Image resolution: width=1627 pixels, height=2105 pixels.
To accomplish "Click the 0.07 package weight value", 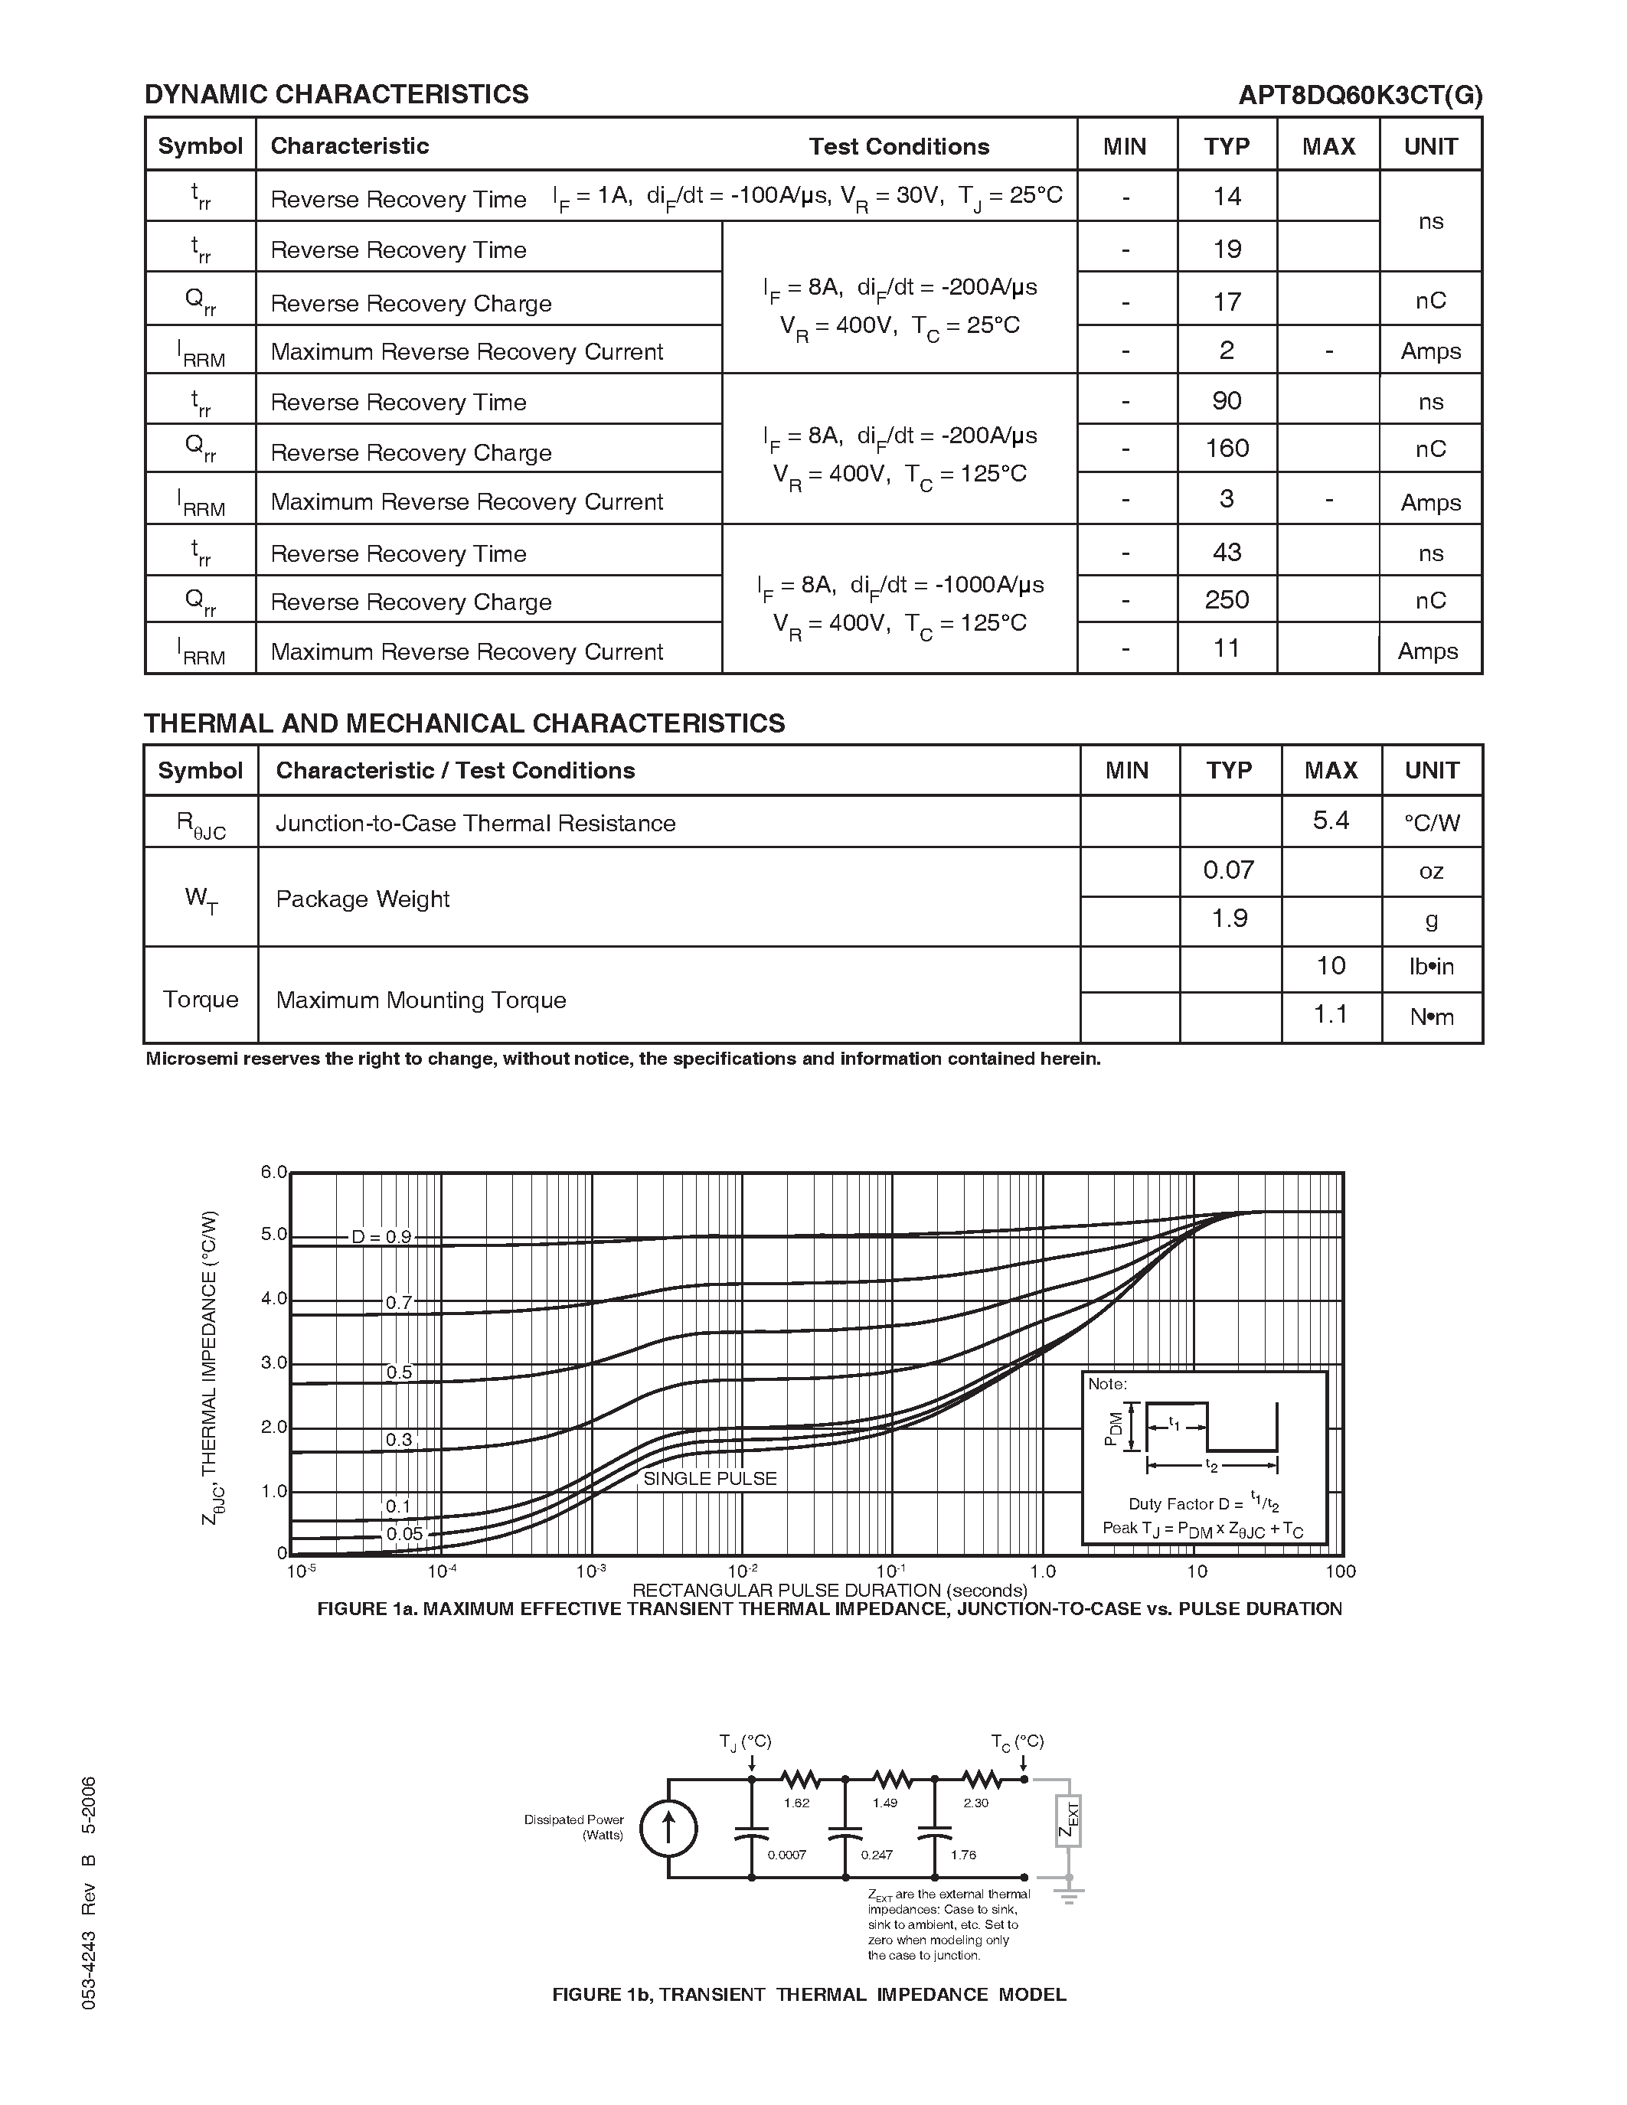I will (1228, 870).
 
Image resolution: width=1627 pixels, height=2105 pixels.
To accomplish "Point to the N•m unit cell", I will (1431, 1017).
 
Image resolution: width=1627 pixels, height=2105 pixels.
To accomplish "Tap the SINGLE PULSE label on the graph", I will (710, 1479).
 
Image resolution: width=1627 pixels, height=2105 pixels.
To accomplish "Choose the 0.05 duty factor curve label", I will (403, 1535).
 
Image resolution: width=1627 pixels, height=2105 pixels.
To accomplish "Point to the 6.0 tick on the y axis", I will (274, 1172).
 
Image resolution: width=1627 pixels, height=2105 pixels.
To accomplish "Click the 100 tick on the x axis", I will (1340, 1571).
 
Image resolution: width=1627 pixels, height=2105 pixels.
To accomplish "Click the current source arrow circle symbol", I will (668, 1829).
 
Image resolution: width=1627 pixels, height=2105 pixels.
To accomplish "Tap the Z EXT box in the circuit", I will (1068, 1819).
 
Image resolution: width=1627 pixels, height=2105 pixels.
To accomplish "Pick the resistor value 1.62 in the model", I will (796, 1803).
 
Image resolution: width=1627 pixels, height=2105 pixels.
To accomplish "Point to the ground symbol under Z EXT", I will (1068, 1895).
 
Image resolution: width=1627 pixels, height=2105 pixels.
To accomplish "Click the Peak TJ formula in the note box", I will (1202, 1529).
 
